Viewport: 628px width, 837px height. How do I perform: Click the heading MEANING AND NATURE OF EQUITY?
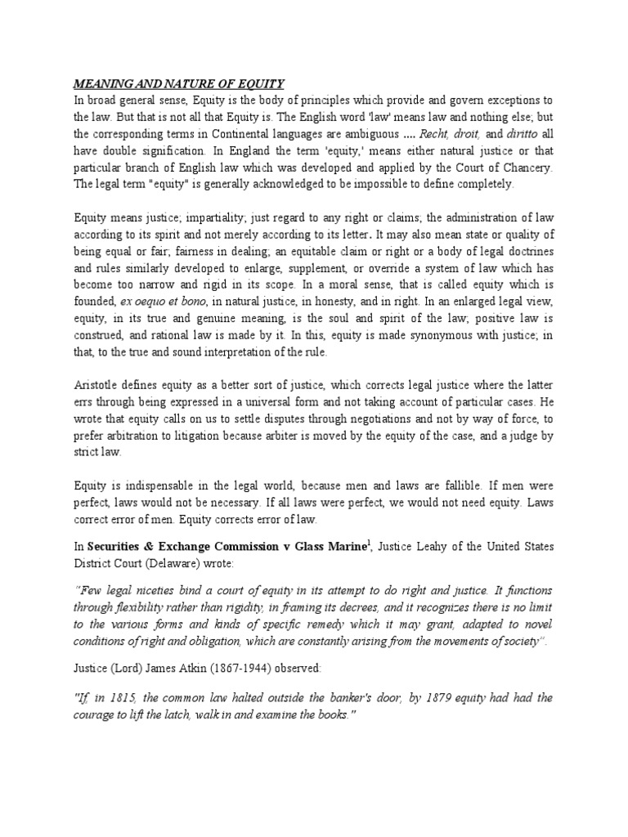coord(179,83)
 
